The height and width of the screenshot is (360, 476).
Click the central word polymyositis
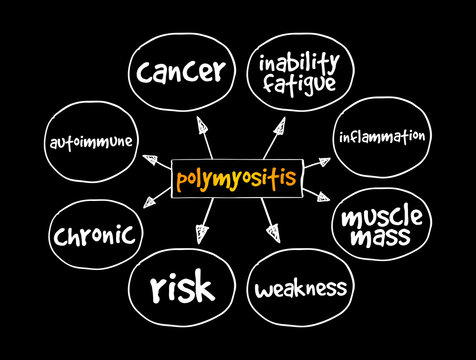pos(236,180)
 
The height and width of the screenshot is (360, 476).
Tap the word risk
pos(182,288)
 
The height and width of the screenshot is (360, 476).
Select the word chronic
pos(94,236)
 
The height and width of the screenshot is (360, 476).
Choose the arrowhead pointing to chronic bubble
pos(150,203)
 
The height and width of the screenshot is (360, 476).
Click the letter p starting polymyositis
pos(182,182)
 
